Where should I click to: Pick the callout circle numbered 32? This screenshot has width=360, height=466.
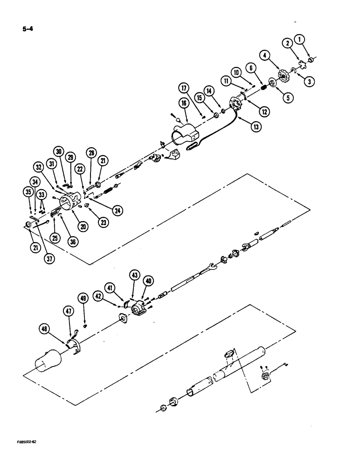(38, 166)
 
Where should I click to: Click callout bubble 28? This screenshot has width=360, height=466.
(90, 154)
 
